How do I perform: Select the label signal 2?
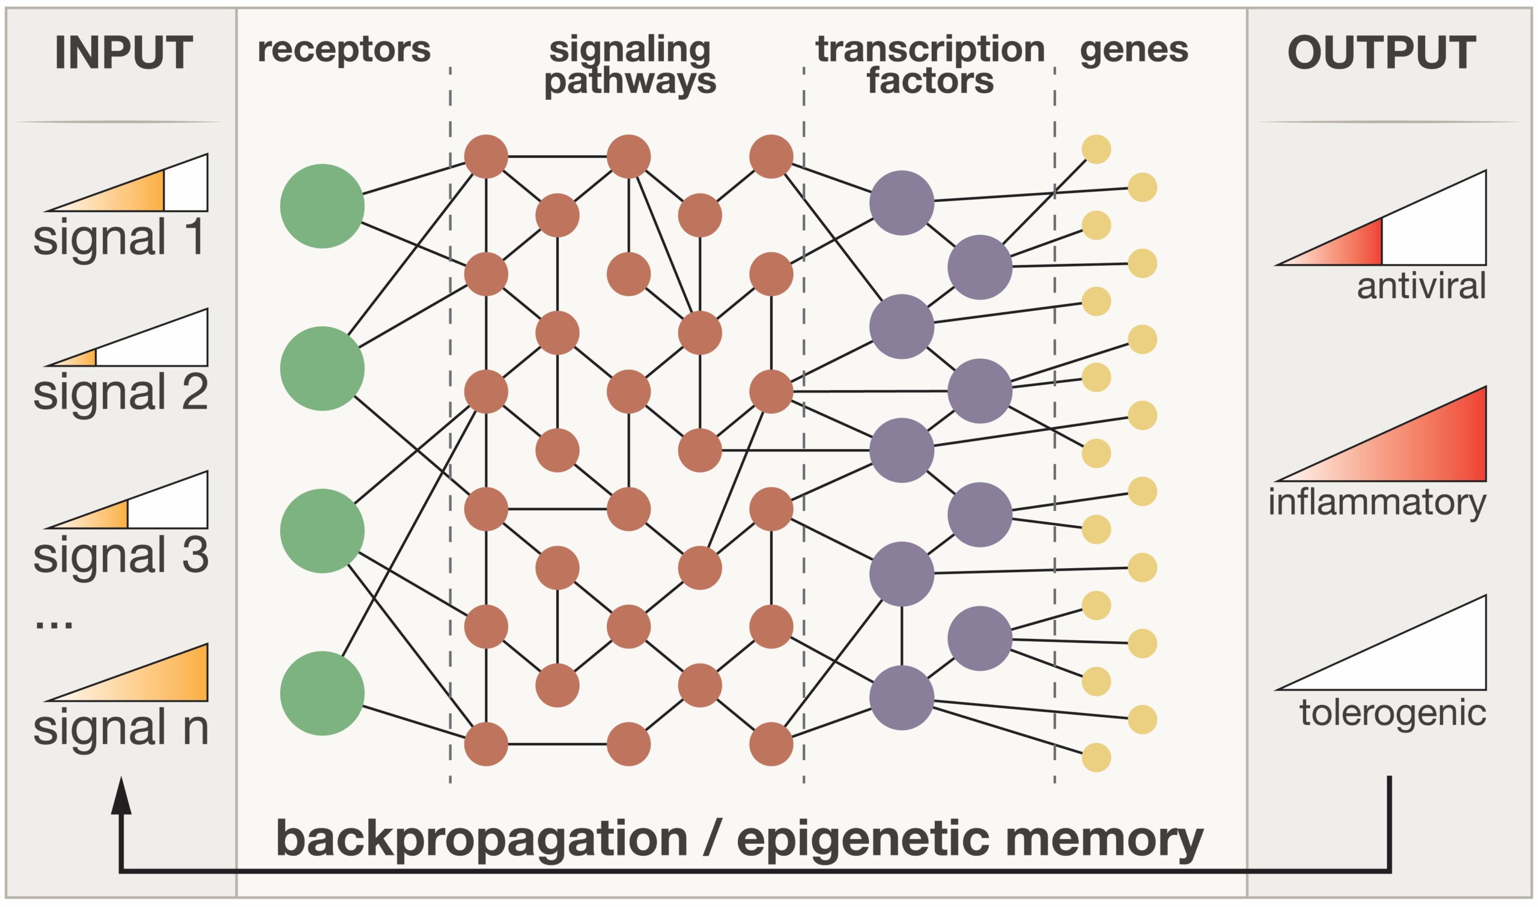(121, 392)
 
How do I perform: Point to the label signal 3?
(121, 555)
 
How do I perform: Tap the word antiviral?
(1421, 286)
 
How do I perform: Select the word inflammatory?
(1378, 504)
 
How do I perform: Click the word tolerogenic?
(1393, 713)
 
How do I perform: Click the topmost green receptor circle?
(323, 206)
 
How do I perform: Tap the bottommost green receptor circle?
(323, 693)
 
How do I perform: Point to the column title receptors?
(344, 50)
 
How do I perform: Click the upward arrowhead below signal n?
(121, 796)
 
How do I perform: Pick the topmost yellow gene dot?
(1096, 149)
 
